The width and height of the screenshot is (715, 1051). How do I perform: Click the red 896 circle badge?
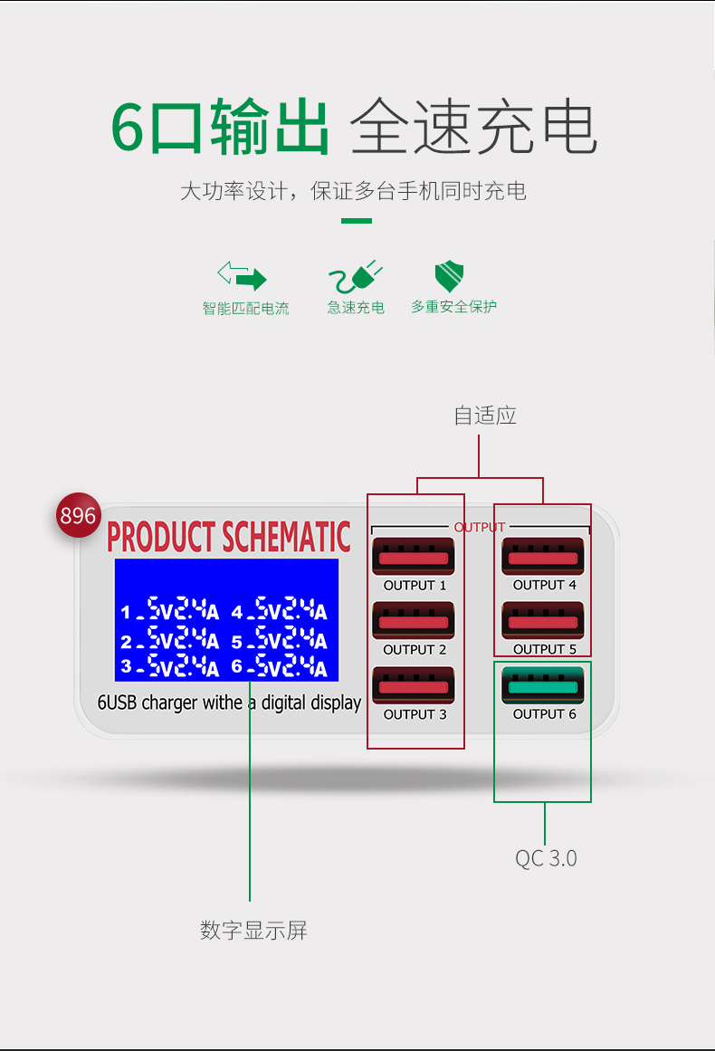pos(78,515)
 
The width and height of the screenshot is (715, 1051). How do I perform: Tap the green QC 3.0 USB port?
pos(542,685)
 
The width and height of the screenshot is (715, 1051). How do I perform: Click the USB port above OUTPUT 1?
pos(413,557)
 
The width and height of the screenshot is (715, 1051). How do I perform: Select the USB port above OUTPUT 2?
pos(413,621)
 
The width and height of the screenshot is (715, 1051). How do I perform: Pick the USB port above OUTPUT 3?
pos(413,686)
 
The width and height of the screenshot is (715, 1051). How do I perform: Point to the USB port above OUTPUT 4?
pos(542,557)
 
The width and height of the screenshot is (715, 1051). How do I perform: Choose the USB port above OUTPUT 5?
pos(542,621)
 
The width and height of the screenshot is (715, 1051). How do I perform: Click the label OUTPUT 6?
pos(544,714)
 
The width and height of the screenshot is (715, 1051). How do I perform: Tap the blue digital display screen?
pos(226,619)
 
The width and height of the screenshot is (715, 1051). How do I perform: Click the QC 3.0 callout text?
pos(546,858)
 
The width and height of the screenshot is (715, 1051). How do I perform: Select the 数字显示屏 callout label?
pos(253,930)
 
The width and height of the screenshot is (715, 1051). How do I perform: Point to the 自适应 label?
pos(485,416)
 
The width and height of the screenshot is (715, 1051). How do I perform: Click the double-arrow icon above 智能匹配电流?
pos(242,275)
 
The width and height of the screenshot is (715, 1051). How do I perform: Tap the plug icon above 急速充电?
pos(356,275)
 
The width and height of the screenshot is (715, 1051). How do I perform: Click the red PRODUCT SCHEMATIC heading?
pos(228,537)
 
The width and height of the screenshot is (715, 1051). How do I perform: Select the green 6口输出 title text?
pos(220,129)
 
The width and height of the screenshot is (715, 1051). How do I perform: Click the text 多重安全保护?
pos(453,307)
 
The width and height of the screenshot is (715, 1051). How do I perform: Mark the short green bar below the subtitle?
pos(357,221)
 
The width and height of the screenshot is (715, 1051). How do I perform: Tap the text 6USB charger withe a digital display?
pos(229,702)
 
